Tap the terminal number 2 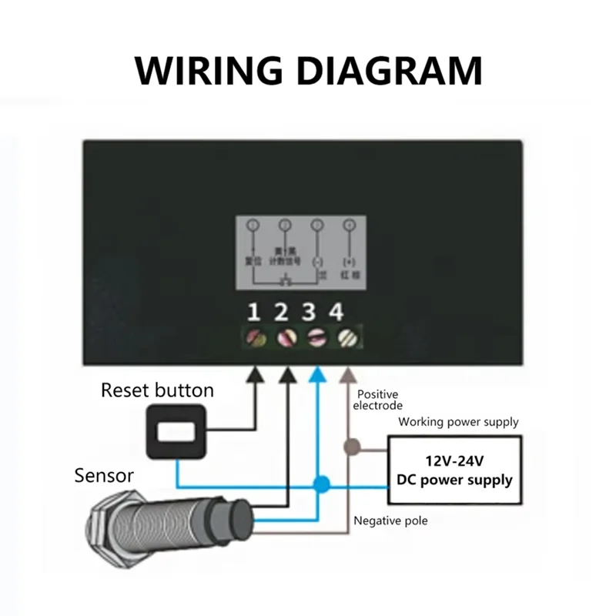(282, 312)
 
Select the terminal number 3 (310, 312)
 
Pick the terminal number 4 (336, 312)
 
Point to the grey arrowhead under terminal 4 (346, 373)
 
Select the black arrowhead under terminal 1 (256, 373)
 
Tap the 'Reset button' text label (157, 390)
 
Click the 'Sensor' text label (104, 474)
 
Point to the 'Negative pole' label (390, 521)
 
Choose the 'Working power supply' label (458, 422)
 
